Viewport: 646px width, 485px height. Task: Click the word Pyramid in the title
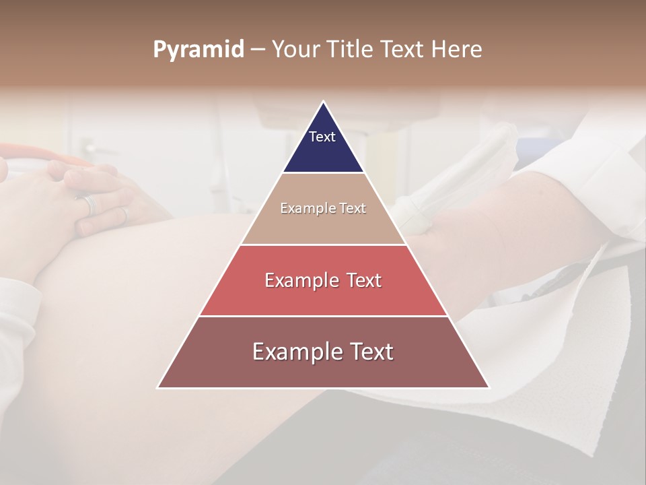(x=199, y=50)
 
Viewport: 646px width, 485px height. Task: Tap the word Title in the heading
(x=353, y=50)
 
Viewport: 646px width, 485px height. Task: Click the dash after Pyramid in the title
(x=258, y=50)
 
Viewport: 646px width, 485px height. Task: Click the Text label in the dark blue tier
(x=322, y=137)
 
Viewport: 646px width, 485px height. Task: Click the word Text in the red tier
(x=363, y=280)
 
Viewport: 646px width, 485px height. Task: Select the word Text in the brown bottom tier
(x=369, y=352)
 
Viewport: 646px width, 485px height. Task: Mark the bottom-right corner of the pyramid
(x=489, y=387)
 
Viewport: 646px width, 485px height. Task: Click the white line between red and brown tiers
(x=324, y=316)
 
